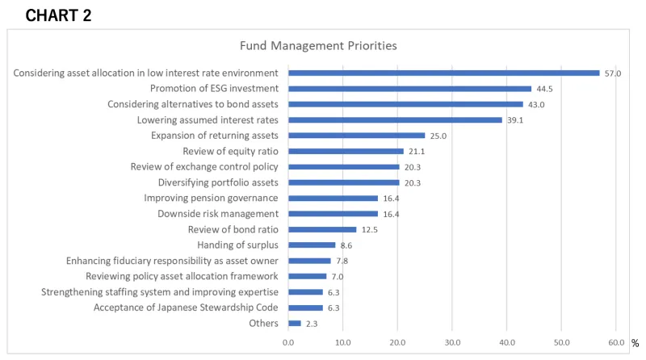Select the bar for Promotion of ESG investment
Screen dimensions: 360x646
point(409,89)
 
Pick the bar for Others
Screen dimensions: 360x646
point(294,324)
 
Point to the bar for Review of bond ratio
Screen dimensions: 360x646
point(322,229)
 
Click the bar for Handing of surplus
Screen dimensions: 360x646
point(312,245)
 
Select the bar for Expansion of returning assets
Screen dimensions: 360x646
point(356,136)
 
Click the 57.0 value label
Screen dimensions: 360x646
point(613,73)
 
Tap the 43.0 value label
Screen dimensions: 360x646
point(536,105)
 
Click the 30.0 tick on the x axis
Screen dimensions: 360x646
point(452,343)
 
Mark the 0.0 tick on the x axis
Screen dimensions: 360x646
point(288,343)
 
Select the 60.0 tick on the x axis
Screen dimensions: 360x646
point(615,343)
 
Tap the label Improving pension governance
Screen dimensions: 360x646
point(211,198)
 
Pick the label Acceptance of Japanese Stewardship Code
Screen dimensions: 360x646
point(186,308)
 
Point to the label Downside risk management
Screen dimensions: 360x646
point(218,214)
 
